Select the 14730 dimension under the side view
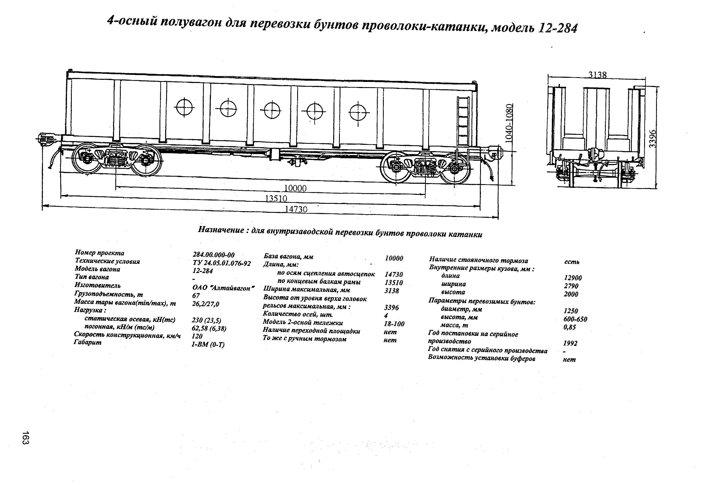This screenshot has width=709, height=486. (296, 209)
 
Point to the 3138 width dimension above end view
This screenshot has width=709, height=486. (597, 75)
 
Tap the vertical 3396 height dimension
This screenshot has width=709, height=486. (652, 138)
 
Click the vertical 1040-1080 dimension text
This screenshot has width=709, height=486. (509, 123)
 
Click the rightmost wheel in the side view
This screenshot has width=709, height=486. (456, 168)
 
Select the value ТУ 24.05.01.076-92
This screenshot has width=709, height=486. (221, 263)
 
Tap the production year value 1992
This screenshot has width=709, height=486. (570, 343)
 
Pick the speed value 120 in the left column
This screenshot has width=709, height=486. (197, 336)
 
